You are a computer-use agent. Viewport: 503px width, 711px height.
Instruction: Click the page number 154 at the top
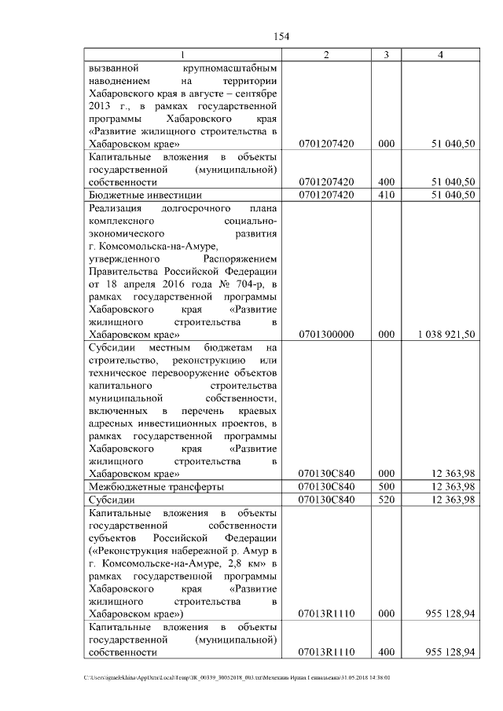[282, 36]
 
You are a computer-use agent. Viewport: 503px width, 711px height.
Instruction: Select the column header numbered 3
[386, 55]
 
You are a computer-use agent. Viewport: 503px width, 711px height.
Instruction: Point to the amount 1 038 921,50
[442, 334]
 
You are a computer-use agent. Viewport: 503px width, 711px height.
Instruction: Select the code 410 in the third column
[386, 195]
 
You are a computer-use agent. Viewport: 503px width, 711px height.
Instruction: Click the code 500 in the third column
[386, 487]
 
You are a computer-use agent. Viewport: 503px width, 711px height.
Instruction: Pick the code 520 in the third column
[386, 500]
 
